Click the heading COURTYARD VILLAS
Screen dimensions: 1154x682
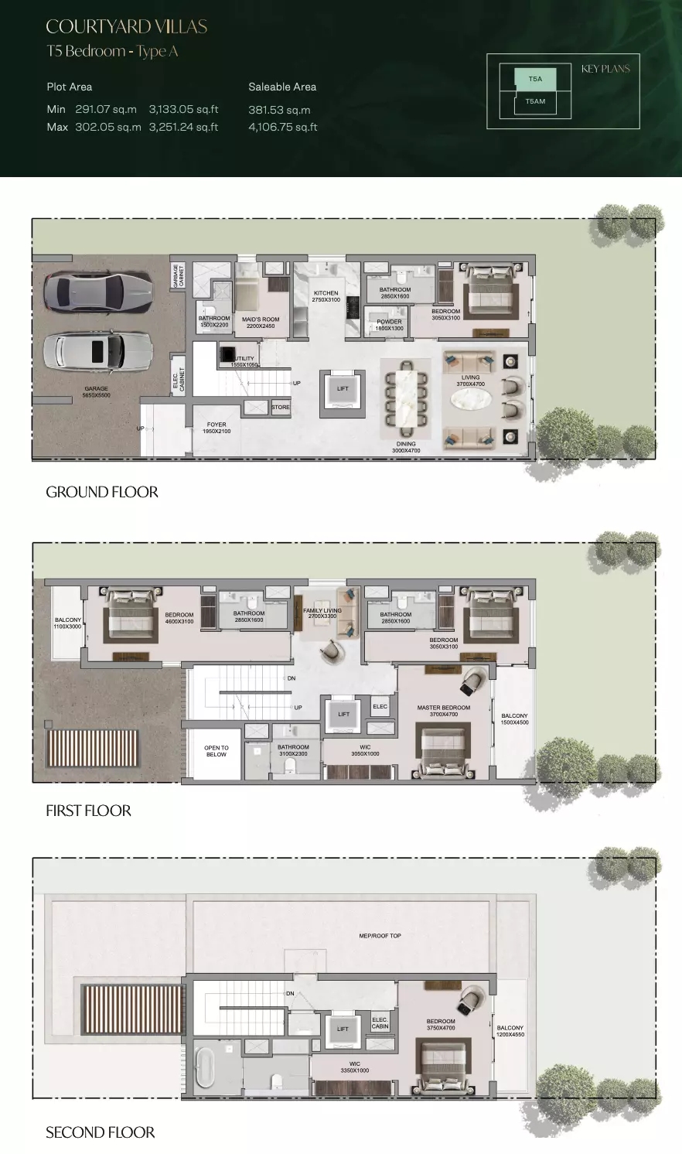point(126,26)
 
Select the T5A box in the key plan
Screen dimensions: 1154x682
point(535,79)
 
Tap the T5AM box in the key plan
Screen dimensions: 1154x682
point(535,102)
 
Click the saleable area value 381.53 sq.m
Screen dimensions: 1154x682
point(279,110)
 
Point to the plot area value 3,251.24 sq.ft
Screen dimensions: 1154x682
point(183,127)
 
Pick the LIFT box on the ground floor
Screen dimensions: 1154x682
point(343,389)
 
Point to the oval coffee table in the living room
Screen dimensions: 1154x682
point(471,400)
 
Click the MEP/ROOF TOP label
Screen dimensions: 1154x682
point(380,936)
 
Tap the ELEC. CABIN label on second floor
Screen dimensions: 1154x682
point(380,1023)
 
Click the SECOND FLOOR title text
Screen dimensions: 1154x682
point(100,1132)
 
